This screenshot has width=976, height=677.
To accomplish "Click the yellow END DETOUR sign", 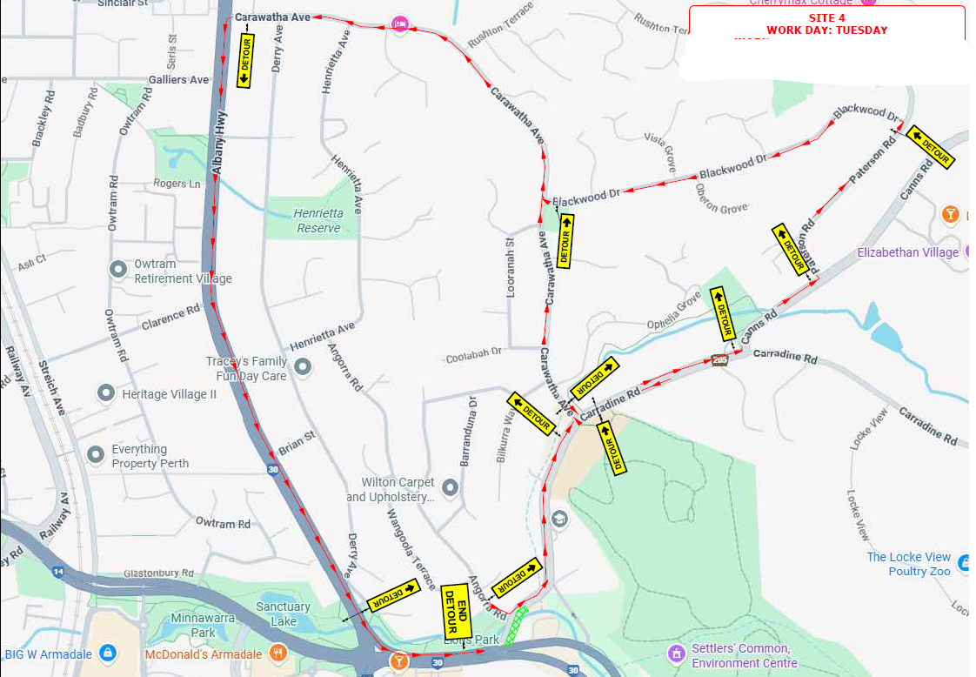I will [x=456, y=610].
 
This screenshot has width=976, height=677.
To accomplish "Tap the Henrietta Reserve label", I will [x=318, y=220].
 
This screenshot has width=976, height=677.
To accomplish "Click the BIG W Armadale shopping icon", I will [x=106, y=651].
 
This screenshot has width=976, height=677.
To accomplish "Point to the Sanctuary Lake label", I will [x=283, y=613].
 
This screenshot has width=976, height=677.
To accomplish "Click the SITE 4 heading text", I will [x=826, y=17].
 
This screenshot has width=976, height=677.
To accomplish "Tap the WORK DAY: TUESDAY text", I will [x=826, y=30].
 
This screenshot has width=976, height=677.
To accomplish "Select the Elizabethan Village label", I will [x=907, y=252].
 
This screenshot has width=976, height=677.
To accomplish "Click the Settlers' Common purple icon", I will [x=676, y=652].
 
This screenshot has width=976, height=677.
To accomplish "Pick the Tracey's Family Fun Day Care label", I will [x=246, y=368].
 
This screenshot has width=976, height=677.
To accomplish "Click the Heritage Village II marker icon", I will [x=106, y=393].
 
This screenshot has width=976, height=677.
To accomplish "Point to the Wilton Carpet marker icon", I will [x=450, y=488].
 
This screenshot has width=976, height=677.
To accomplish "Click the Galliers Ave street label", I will [x=178, y=79].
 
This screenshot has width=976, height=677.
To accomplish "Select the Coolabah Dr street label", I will [x=473, y=355].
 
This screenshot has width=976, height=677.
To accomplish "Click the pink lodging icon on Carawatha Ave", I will [x=399, y=24].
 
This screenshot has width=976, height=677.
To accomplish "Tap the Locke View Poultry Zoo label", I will [x=908, y=564].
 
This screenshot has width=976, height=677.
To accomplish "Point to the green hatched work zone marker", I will [x=518, y=624].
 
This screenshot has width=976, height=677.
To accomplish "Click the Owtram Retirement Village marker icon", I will [x=119, y=270].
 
